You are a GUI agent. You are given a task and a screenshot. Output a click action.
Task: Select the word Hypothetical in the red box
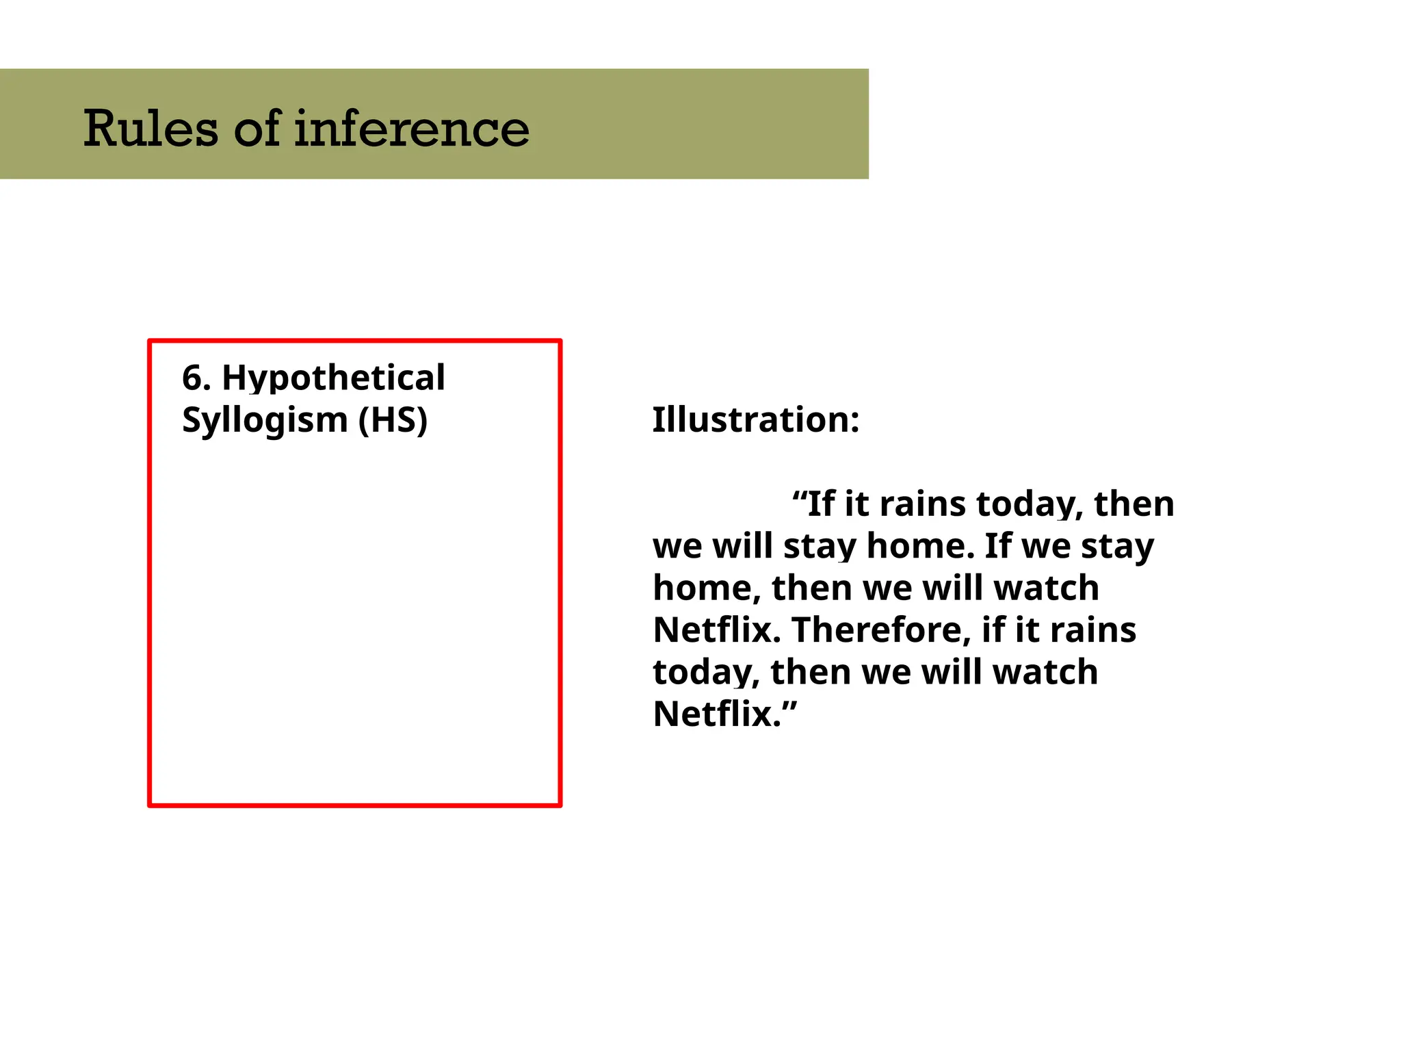[333, 378]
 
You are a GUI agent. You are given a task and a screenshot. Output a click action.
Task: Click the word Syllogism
[265, 420]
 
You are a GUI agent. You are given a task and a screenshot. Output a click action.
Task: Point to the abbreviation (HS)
[393, 420]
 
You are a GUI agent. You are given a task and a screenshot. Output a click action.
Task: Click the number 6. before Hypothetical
[196, 378]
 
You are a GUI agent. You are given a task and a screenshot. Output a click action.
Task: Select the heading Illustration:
[755, 419]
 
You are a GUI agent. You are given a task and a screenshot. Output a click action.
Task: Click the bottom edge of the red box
[354, 806]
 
